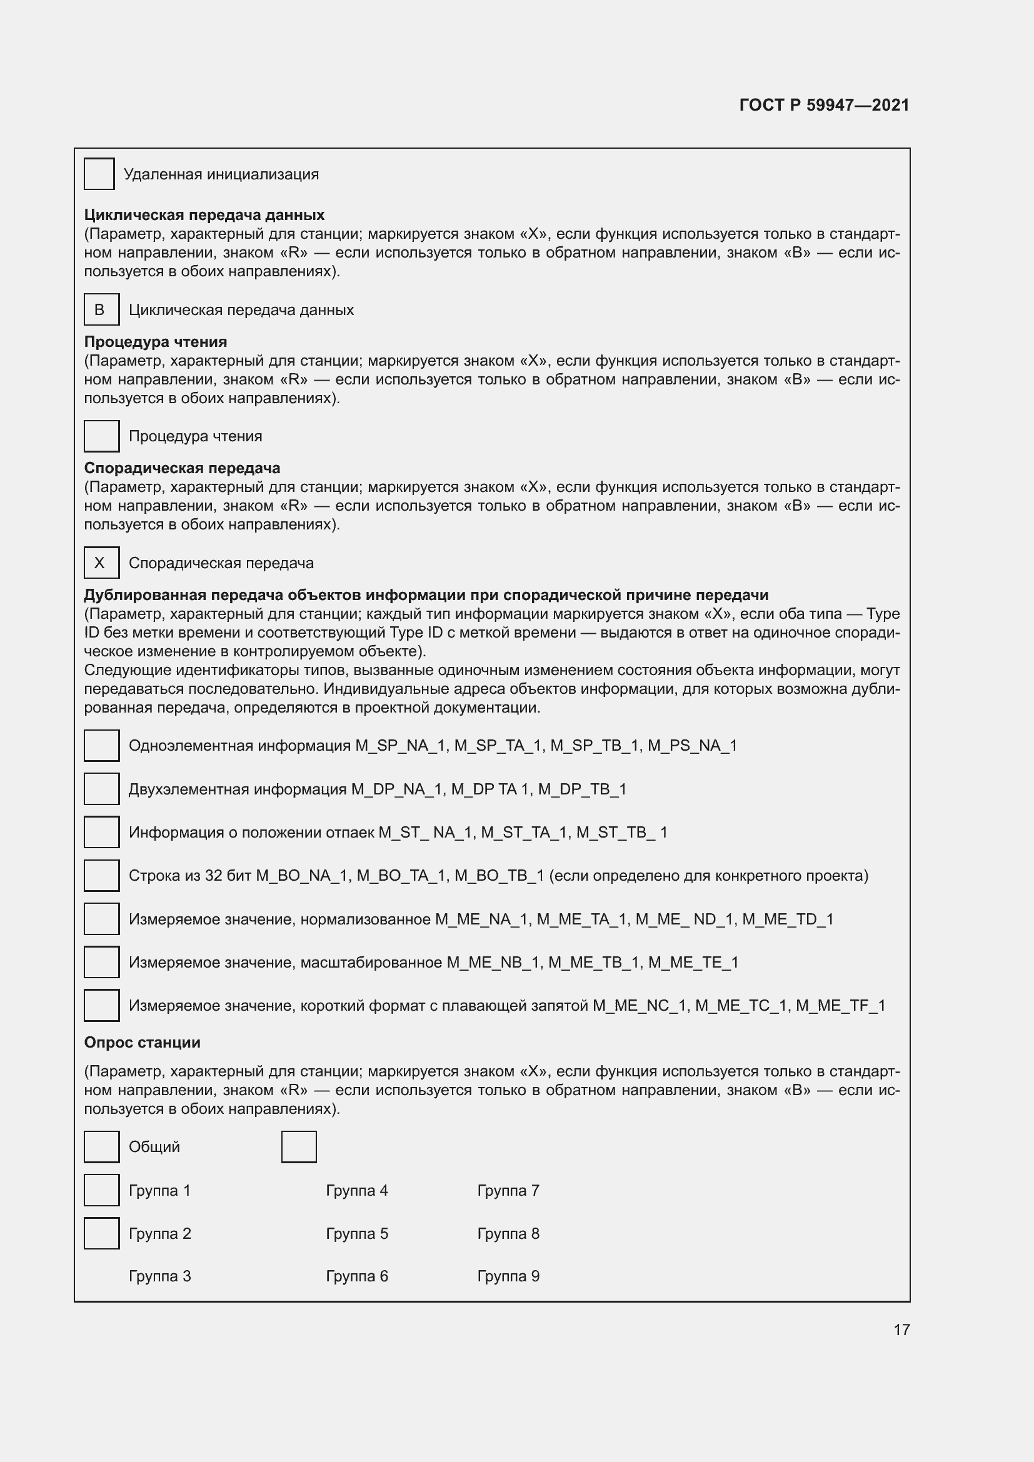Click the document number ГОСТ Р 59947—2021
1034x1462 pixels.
click(824, 105)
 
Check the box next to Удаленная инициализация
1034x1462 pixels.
click(99, 174)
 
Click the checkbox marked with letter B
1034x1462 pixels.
click(102, 309)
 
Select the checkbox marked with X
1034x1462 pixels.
click(102, 563)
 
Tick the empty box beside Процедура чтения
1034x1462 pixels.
click(102, 436)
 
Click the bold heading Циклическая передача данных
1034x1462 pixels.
click(204, 214)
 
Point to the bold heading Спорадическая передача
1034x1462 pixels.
click(182, 468)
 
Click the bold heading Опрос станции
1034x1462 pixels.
click(142, 1043)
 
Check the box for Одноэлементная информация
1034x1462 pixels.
click(102, 746)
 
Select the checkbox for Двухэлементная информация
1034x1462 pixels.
click(102, 789)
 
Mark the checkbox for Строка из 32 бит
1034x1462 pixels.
click(102, 876)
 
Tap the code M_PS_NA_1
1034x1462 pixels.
click(692, 746)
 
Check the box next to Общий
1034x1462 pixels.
click(102, 1147)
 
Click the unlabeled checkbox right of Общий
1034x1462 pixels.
click(299, 1147)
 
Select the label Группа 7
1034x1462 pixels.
click(508, 1190)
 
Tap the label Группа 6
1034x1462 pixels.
click(356, 1276)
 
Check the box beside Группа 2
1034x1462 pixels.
click(102, 1233)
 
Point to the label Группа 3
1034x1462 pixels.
click(160, 1276)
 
